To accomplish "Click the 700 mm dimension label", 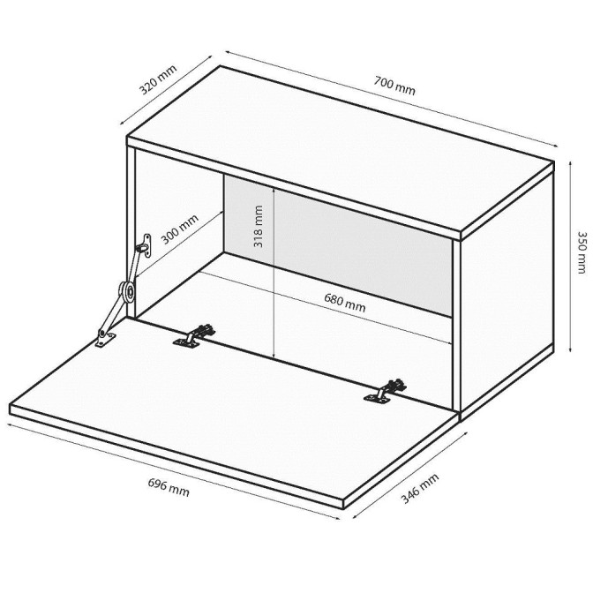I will [394, 86].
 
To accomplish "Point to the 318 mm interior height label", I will [258, 228].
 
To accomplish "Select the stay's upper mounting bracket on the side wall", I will [144, 244].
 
